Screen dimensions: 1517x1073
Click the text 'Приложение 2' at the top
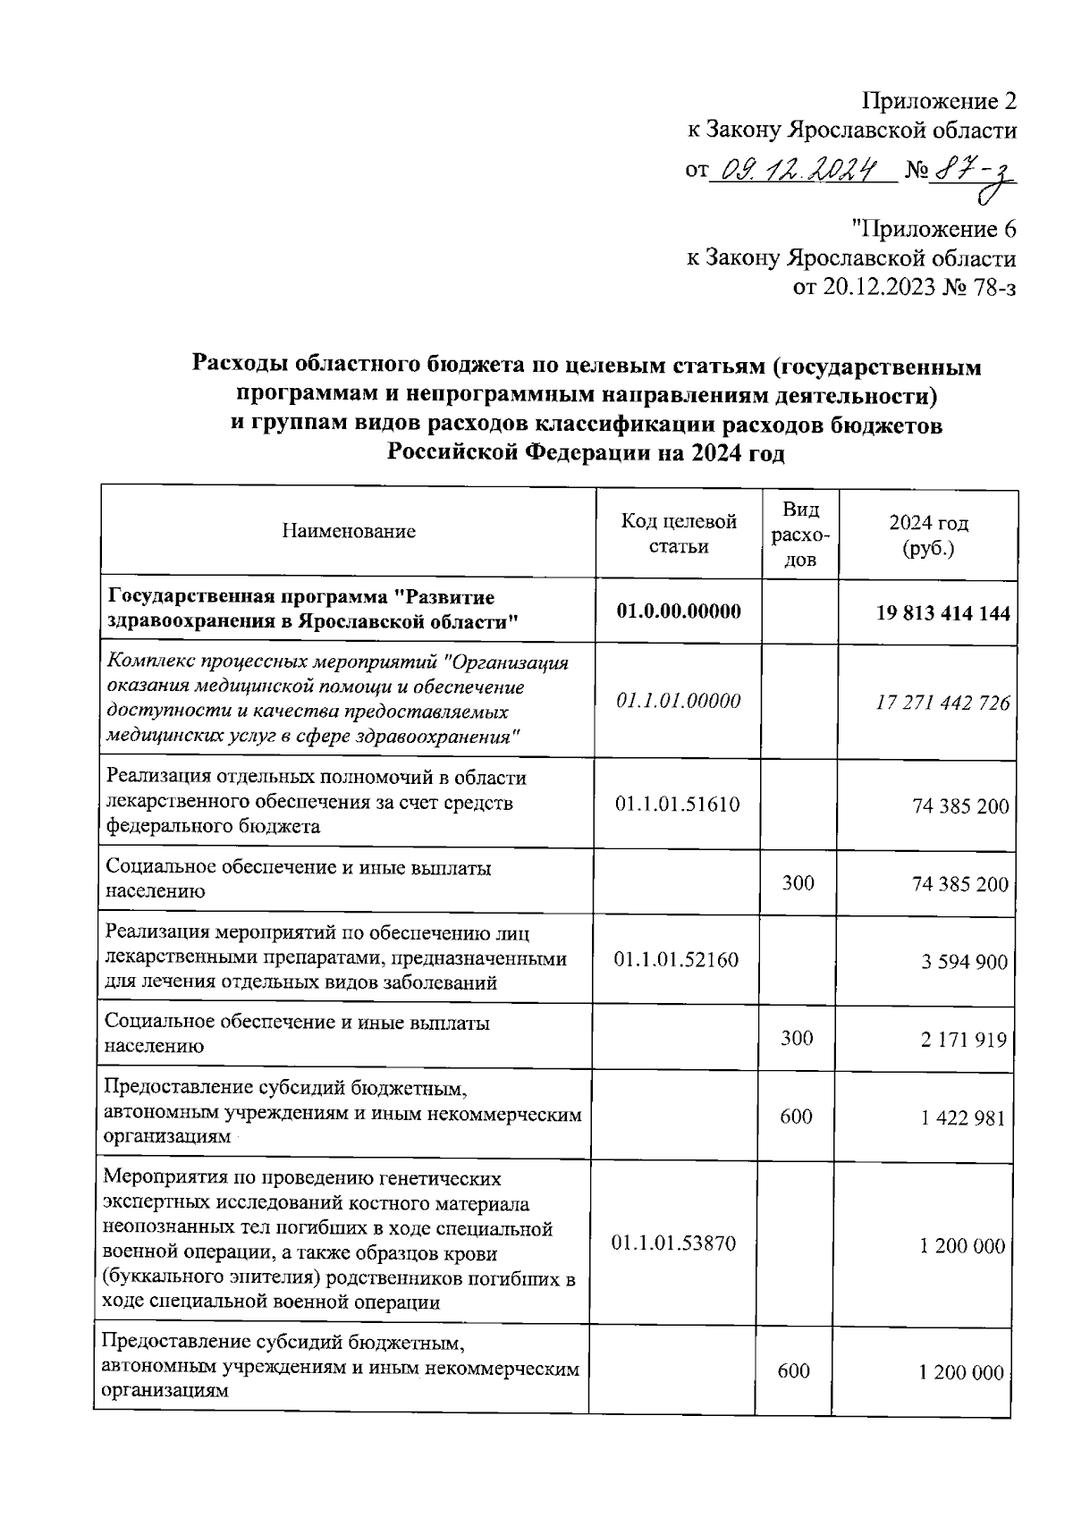click(939, 99)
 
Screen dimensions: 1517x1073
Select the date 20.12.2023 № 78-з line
click(904, 288)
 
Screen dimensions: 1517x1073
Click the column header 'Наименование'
click(349, 532)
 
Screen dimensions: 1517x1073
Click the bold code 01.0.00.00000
click(679, 612)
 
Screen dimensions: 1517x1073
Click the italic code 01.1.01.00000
click(679, 701)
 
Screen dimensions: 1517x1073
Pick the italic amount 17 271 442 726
click(942, 704)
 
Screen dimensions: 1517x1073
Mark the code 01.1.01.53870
click(674, 1243)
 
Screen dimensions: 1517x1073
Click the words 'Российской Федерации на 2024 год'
click(586, 453)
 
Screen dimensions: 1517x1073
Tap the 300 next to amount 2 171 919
click(798, 1038)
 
